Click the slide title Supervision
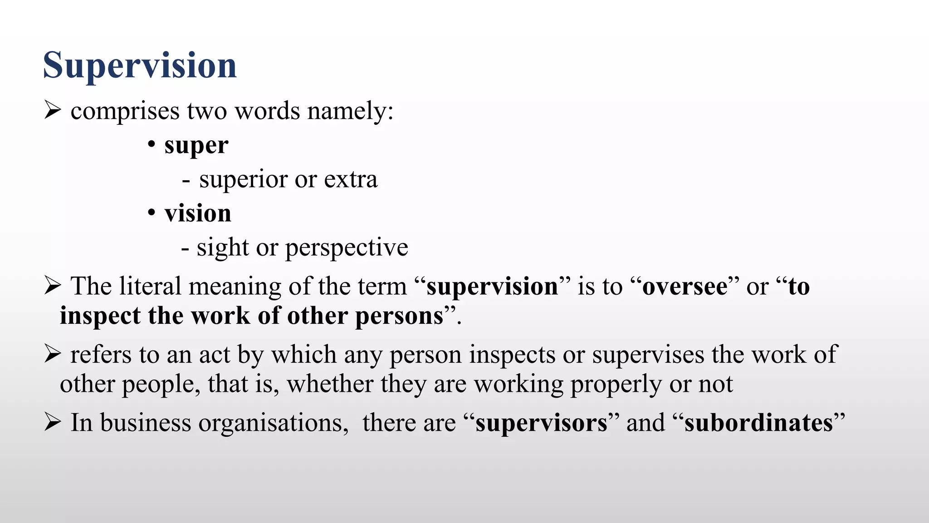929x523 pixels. [x=140, y=66]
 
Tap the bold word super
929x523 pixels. [x=196, y=146]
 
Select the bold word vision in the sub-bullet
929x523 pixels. [x=198, y=213]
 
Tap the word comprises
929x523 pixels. [x=125, y=112]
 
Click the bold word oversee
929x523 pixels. [x=685, y=287]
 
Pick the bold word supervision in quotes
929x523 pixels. [x=492, y=287]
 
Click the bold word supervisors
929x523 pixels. [x=541, y=423]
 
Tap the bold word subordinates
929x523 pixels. [x=758, y=423]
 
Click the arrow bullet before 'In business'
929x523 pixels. [x=53, y=422]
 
